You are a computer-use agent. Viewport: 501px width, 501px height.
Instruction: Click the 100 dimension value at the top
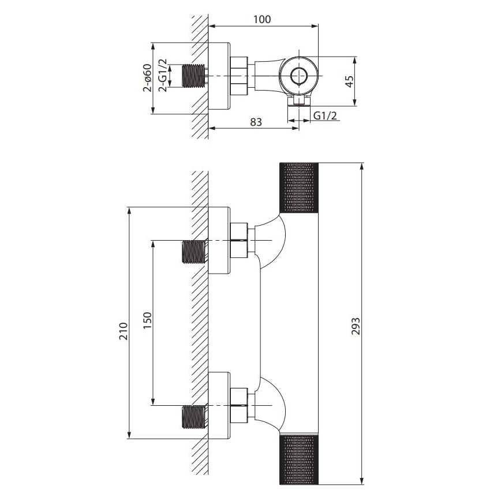point(262,18)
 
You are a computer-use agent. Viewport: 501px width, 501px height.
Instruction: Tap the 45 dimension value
point(348,81)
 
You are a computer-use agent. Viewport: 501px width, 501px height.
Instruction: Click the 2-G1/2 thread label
point(163,78)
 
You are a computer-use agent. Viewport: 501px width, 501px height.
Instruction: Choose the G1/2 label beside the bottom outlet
point(325,115)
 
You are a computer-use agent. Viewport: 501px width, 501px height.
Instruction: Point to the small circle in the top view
point(299,76)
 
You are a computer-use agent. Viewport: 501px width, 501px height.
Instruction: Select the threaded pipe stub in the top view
point(195,77)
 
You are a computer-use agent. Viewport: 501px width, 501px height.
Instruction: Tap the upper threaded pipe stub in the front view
point(195,252)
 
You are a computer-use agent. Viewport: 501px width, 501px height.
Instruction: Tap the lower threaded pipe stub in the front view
point(195,417)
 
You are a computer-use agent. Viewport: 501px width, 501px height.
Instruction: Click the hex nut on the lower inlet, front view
point(240,405)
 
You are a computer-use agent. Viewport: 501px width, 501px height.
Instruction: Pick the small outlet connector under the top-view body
point(299,102)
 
